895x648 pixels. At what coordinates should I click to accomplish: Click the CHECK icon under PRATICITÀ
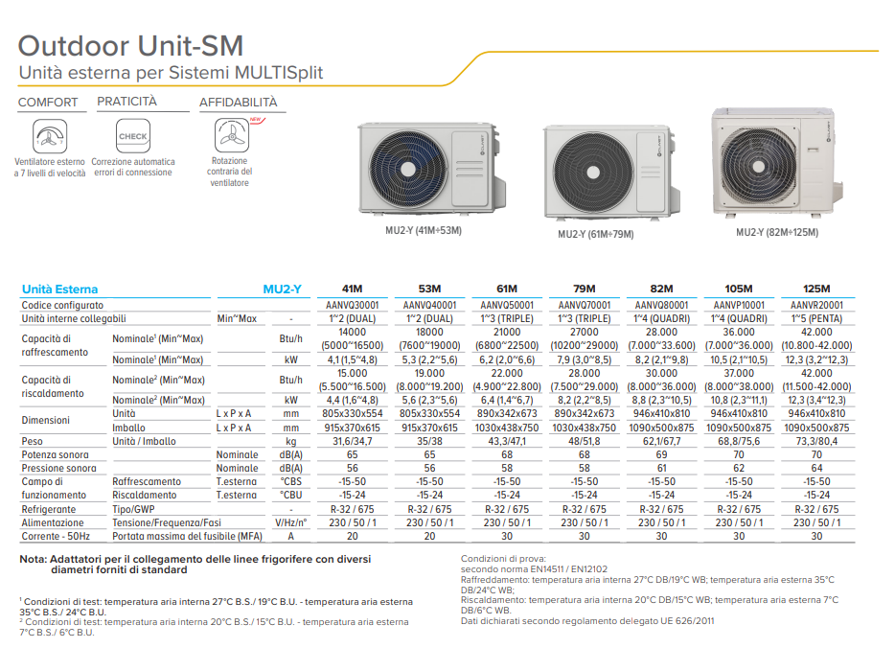tap(133, 136)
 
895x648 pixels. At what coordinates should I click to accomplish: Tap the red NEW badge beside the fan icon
tap(257, 120)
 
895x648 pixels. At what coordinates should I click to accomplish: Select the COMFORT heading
tap(48, 103)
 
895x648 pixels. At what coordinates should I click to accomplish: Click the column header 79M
tap(584, 289)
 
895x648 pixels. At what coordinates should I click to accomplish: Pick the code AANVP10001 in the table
tap(739, 306)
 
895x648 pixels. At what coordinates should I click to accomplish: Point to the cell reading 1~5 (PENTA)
tap(816, 318)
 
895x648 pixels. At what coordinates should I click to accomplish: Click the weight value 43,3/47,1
tap(507, 441)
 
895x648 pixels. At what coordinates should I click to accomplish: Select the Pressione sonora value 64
tap(816, 468)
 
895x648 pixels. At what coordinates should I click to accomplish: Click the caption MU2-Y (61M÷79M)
tap(595, 234)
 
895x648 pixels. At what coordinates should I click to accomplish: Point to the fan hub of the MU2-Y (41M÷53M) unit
tap(408, 170)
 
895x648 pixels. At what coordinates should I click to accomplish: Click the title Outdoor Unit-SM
tap(130, 46)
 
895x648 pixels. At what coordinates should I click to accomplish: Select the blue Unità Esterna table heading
tap(59, 289)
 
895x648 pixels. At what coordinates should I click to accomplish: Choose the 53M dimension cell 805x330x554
tap(429, 413)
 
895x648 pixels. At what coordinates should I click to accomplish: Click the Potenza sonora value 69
tap(661, 454)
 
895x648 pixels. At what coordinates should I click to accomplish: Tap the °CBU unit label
tap(290, 495)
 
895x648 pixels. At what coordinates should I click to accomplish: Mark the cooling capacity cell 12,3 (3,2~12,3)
tap(816, 359)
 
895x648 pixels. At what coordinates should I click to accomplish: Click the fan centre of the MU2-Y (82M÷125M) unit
tap(759, 167)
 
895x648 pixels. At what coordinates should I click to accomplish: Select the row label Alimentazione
tap(53, 523)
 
